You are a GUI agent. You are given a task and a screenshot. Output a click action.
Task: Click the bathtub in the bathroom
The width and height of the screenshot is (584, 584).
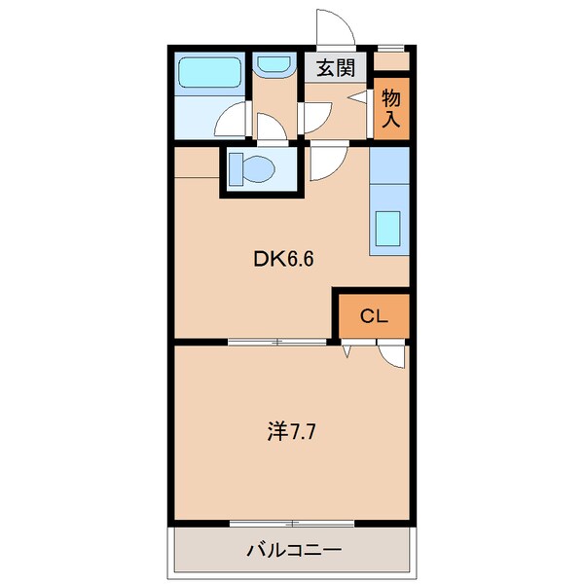pos(208,73)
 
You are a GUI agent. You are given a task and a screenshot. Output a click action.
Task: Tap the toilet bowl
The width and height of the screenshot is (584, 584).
pos(252,169)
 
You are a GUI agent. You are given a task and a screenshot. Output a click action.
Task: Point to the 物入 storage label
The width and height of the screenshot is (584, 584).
pos(391,108)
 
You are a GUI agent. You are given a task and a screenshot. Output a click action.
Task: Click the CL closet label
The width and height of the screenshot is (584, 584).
pos(374,316)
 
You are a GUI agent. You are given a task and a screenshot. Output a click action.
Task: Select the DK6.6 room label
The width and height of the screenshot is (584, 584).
pos(283,259)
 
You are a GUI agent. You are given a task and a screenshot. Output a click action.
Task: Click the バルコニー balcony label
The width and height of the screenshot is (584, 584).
pos(291,550)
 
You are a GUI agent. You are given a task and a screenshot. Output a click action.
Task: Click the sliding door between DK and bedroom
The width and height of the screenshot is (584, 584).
pos(277,342)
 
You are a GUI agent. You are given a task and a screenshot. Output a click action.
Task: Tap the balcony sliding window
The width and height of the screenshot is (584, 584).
pos(291,524)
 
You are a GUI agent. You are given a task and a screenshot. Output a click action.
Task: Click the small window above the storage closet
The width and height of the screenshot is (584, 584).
pos(390,47)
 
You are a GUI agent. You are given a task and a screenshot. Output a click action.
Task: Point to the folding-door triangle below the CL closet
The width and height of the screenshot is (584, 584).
pos(347,348)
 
